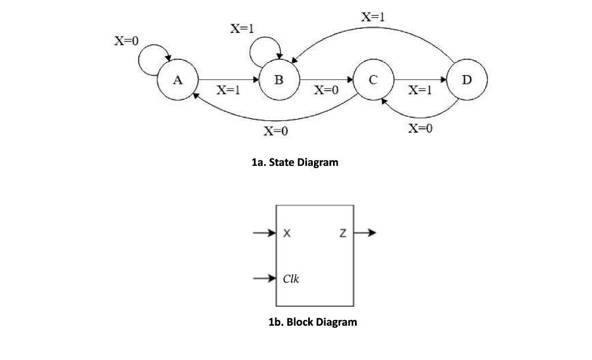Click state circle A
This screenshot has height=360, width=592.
point(178,80)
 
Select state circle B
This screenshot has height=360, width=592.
point(279,80)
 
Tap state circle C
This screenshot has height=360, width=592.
point(373,80)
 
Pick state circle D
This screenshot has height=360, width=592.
point(467,80)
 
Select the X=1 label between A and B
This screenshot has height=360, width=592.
point(228,91)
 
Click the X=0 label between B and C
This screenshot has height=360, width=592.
point(325,91)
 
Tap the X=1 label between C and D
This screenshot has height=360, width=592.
point(420,91)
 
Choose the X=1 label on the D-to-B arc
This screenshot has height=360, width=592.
point(373,17)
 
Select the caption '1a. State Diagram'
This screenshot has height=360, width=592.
point(295,162)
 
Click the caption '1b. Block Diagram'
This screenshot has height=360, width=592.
point(313,322)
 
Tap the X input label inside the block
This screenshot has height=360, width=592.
point(287,234)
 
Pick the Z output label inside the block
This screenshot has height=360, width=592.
point(342,234)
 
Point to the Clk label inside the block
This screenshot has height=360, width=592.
point(291,280)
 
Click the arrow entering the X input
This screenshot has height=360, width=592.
point(265,234)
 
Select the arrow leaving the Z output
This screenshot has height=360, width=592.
point(365,234)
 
